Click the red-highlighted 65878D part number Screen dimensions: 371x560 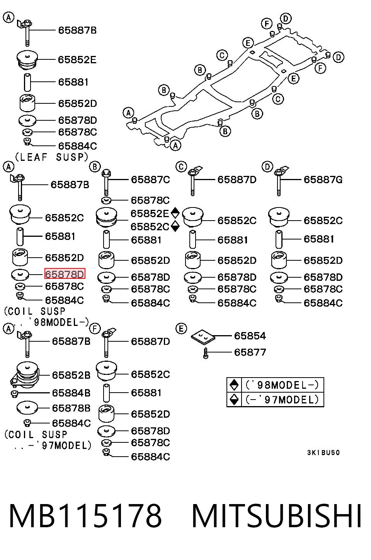point(65,274)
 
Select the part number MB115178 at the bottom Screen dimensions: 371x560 point(85,516)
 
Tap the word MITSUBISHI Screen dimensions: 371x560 point(277,516)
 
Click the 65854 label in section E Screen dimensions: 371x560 point(250,336)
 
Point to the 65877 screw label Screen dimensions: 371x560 point(250,352)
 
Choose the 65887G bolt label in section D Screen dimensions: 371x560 point(323,179)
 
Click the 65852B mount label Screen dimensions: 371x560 point(71,375)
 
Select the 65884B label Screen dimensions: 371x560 point(71,393)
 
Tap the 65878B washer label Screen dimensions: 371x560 point(71,408)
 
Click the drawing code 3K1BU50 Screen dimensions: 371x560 point(323,452)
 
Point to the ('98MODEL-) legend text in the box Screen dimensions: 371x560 point(282,385)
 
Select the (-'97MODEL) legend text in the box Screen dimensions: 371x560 point(282,400)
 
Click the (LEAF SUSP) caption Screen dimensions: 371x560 point(52,157)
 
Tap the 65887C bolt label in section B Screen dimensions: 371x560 point(150,179)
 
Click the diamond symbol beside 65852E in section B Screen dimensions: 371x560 point(175,213)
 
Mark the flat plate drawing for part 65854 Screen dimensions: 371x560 point(203,337)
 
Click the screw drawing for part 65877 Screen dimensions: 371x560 point(206,353)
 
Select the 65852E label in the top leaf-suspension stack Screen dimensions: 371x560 point(77,60)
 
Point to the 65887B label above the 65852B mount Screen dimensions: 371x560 point(71,341)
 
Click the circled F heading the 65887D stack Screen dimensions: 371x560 point(95,329)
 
